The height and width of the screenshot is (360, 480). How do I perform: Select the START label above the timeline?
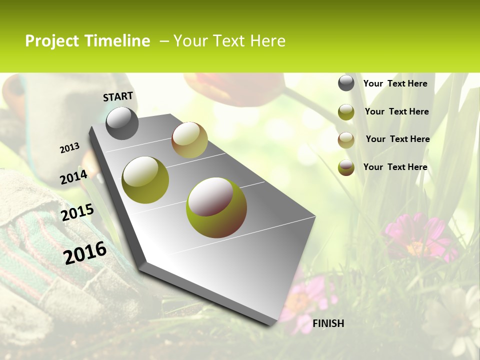point(118,96)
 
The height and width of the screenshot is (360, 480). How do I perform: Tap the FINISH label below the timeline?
point(328,323)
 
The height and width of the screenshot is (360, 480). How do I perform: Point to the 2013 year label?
point(69,148)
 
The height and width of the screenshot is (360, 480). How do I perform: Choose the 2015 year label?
point(77,212)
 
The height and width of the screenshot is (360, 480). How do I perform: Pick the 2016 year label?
point(85,252)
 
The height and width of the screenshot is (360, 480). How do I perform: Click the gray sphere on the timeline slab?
point(122,123)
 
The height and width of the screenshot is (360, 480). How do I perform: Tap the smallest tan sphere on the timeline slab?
point(189,140)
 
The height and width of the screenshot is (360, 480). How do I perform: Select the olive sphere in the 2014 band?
point(145,180)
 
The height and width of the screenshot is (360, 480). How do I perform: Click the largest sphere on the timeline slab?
point(216,207)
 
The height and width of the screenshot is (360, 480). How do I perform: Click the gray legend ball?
point(346,83)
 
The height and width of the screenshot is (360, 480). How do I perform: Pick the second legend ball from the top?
point(346,112)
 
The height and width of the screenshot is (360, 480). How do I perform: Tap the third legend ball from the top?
point(346,140)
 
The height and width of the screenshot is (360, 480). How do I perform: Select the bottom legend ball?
point(346,167)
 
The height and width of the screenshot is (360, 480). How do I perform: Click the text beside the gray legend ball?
point(395,84)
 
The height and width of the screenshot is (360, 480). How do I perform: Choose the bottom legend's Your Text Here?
point(395,167)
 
